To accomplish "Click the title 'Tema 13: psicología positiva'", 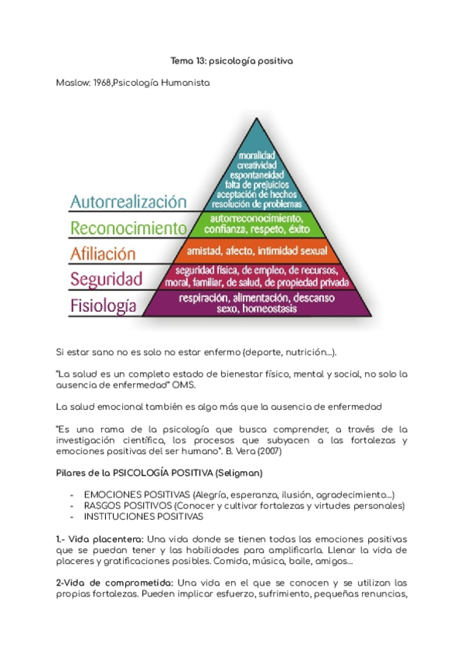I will coord(231,60).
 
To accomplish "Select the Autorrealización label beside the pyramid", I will coord(128,202).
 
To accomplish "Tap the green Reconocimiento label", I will coord(128,228).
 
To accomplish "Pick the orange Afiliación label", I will coord(102,253).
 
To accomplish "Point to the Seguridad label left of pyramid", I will coord(107,278).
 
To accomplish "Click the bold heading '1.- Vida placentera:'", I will coord(100,538).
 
